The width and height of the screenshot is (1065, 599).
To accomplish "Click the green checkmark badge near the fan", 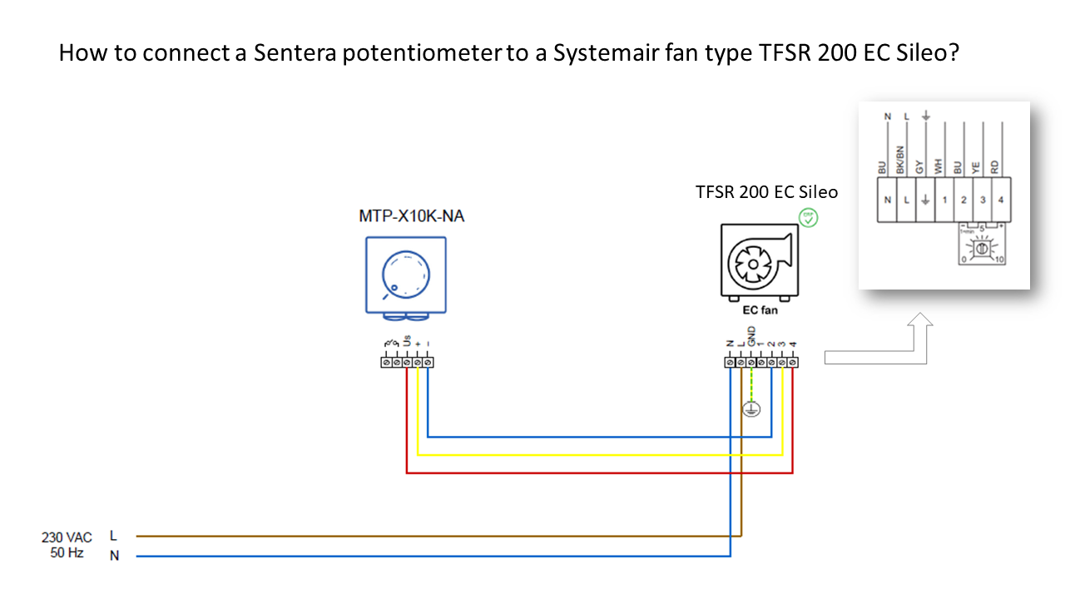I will [x=808, y=218].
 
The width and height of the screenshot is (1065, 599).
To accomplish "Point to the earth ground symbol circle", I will [x=751, y=408].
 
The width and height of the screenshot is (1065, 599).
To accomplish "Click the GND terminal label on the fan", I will [x=751, y=335].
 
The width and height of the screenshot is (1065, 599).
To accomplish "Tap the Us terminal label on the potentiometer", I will [x=407, y=340].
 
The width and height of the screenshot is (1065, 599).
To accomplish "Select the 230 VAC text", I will [x=67, y=537].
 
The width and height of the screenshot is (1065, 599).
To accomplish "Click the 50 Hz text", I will [x=66, y=553].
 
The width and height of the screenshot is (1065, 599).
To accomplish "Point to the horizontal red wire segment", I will [x=599, y=473].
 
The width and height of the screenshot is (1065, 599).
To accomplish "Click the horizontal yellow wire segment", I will [x=599, y=455].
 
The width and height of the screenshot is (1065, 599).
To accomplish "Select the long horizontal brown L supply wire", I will [x=433, y=537].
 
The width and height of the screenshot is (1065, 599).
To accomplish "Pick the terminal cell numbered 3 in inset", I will [x=983, y=200].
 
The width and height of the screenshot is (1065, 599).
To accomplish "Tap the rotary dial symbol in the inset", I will [x=983, y=249].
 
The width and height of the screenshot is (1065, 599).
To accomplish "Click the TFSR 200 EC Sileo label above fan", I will [x=766, y=192].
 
